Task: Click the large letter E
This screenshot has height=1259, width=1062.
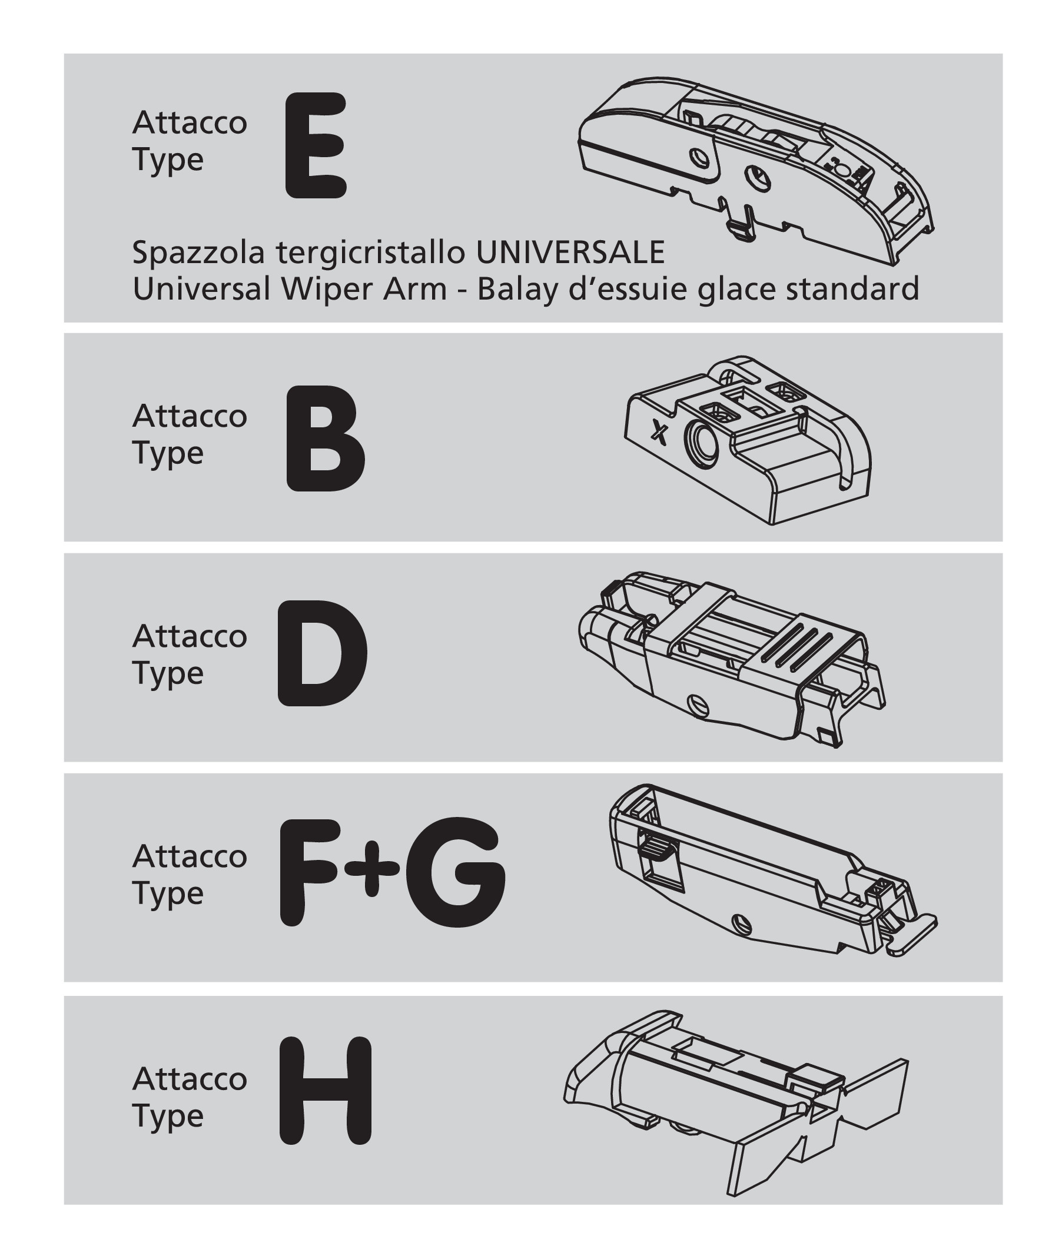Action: [x=316, y=145]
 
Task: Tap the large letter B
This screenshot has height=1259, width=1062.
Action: [x=325, y=438]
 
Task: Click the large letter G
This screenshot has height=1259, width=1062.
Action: [x=456, y=872]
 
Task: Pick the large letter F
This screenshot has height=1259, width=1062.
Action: [x=314, y=873]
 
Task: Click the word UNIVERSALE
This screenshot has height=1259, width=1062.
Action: [x=570, y=252]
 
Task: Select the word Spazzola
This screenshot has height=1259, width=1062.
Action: [x=198, y=253]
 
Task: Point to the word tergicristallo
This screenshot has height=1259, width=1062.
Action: [x=371, y=253]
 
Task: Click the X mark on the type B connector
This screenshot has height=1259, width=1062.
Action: [x=660, y=431]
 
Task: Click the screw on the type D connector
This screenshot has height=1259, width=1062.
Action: [x=698, y=702]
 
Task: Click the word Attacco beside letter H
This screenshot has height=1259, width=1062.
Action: [x=190, y=1079]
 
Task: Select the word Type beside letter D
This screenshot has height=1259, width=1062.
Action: [x=168, y=674]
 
